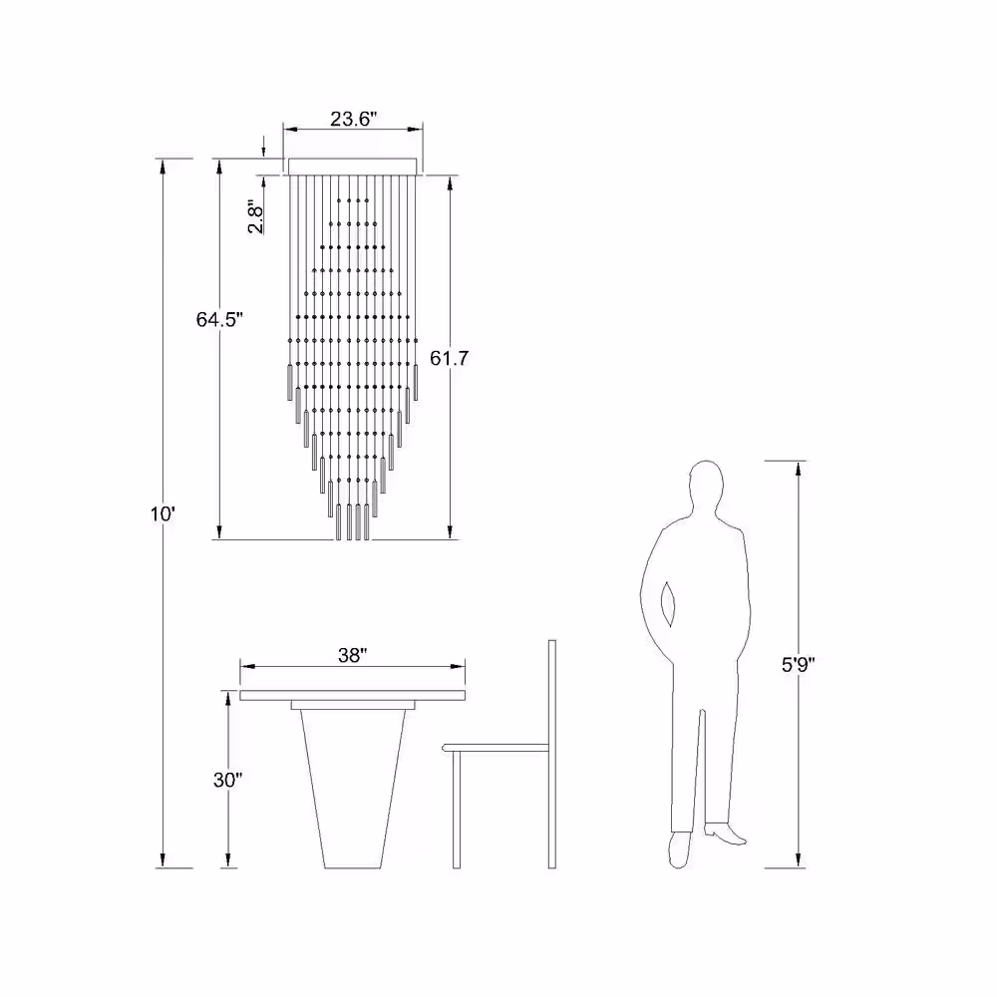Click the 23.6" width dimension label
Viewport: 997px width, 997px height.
pos(354,119)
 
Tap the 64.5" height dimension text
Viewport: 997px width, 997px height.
pos(219,319)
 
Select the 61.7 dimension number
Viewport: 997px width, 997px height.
pos(449,358)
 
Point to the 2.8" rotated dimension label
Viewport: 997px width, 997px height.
pos(255,216)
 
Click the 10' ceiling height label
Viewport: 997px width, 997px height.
pos(163,513)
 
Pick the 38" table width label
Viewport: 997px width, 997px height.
pos(352,655)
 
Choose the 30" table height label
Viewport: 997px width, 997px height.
pos(227,780)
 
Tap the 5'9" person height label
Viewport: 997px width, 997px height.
pos(798,664)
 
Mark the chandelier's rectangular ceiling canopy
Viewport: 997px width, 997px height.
pos(353,166)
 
